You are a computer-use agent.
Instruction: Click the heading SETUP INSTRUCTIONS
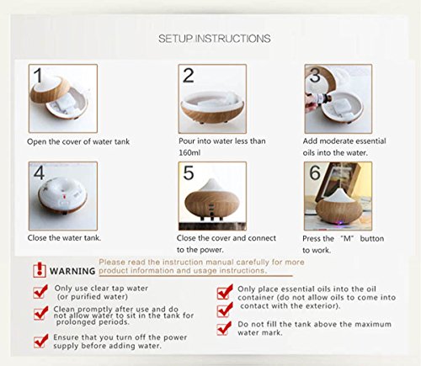point(215,39)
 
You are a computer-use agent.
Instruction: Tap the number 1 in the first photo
point(38,75)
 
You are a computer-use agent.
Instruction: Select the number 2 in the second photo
point(189,76)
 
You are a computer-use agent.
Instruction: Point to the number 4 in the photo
point(39,172)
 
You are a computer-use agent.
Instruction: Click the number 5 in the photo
point(189,172)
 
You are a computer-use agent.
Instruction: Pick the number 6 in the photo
point(315,172)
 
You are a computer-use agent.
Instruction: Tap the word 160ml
point(189,153)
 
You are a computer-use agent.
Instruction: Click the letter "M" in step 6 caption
point(347,239)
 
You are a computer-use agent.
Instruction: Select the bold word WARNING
point(72,271)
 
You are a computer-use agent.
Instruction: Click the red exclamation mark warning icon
point(40,270)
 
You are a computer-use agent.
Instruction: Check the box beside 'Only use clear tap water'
point(40,291)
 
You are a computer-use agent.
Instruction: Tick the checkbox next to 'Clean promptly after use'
point(40,313)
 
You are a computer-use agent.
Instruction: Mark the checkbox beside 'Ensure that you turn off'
point(40,341)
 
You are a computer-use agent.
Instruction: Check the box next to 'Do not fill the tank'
point(224,328)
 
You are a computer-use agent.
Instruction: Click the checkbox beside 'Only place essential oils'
point(225,292)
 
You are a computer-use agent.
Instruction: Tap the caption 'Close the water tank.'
point(64,238)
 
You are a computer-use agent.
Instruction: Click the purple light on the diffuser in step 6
point(340,224)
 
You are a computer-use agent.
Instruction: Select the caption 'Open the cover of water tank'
point(78,141)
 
